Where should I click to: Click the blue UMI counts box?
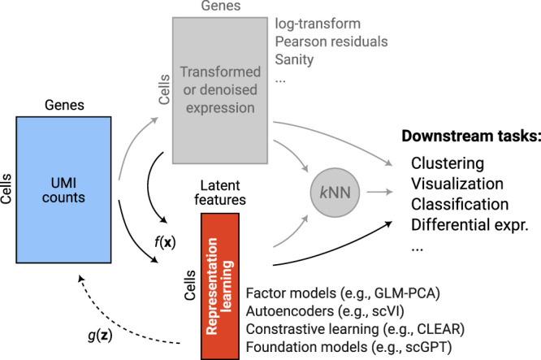point(63,190)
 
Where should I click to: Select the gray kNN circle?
point(335,193)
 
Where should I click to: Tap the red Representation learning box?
point(220,286)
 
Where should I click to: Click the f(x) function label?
point(165,242)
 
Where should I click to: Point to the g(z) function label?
point(100,335)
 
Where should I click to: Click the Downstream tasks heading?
point(471,136)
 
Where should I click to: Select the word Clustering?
point(448,163)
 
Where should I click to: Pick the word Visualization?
point(457,184)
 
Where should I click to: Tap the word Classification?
point(460,204)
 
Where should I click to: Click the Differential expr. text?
point(470,225)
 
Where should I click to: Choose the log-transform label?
point(318,24)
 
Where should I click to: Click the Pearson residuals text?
point(331,41)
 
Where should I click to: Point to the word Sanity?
point(294,59)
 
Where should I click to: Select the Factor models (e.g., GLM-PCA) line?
point(343,293)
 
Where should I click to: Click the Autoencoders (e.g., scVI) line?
point(325,311)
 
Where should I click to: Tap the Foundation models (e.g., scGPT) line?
point(348,347)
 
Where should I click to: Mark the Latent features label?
point(220,193)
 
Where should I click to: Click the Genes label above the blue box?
point(64,105)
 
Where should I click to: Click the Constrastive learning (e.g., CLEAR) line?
point(355,329)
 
